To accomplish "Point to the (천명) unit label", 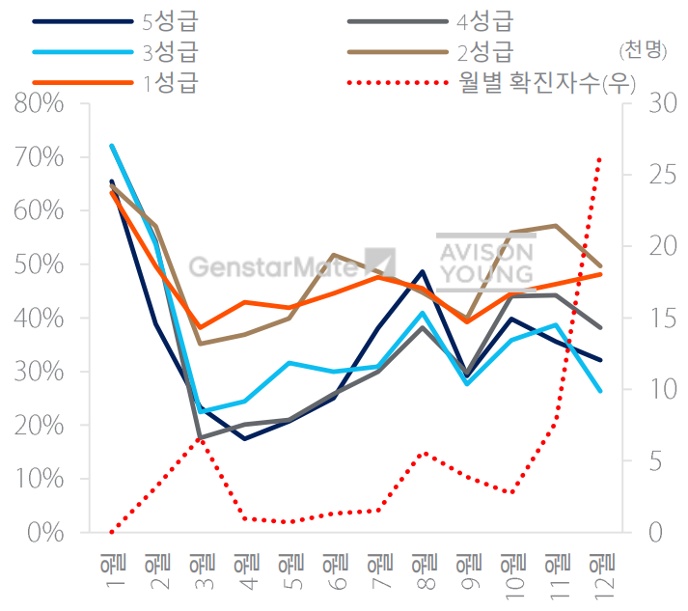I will pos(644,50).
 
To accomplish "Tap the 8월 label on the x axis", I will pos(422,570).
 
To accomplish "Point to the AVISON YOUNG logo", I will pos(485,262).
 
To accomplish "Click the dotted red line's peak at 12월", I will pos(600,157).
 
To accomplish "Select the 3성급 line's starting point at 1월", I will pos(112,146).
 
